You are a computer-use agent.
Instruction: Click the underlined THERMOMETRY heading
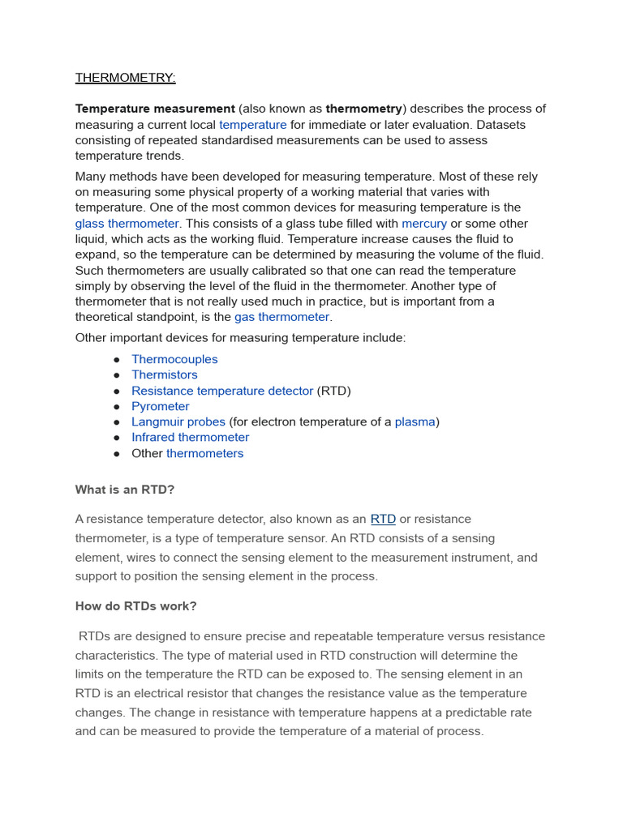(x=125, y=78)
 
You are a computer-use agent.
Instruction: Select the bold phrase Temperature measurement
(x=155, y=109)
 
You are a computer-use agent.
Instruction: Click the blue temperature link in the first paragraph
(x=252, y=125)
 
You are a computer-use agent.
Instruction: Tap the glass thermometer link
(x=127, y=224)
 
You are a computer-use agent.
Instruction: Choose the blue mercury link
(x=423, y=224)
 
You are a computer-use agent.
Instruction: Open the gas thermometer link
(x=281, y=317)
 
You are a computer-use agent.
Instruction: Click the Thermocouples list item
(x=174, y=359)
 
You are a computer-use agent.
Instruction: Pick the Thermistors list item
(x=164, y=374)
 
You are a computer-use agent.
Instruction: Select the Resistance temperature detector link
(x=222, y=391)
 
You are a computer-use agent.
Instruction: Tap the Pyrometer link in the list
(x=161, y=406)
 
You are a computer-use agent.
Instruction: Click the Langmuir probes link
(x=178, y=421)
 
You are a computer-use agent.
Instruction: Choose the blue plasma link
(x=415, y=421)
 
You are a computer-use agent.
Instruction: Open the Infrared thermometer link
(x=191, y=438)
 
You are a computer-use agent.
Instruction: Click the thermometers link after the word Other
(x=204, y=453)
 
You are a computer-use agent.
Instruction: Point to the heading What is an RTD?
(x=125, y=490)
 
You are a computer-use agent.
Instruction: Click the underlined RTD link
(x=383, y=519)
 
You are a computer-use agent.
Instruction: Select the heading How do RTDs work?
(x=135, y=606)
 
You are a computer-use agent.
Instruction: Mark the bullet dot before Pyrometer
(x=117, y=407)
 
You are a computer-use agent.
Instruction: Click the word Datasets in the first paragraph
(x=501, y=125)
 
